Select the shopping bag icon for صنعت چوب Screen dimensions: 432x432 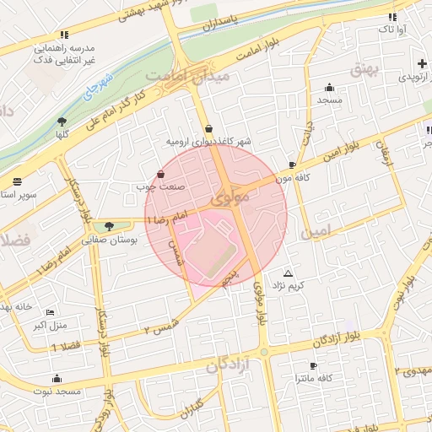[x=161, y=175]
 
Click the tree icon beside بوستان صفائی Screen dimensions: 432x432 [x=109, y=225]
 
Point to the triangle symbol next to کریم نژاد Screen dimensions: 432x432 [x=289, y=274]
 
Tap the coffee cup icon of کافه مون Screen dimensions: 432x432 [x=292, y=165]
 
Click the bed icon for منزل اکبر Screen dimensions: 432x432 [x=50, y=312]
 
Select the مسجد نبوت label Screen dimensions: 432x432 [x=57, y=392]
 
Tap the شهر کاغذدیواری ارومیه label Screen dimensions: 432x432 [x=208, y=141]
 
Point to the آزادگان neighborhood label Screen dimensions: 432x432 [x=229, y=365]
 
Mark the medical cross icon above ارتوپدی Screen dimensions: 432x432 [x=422, y=64]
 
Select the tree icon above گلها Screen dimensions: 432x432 [x=62, y=122]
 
